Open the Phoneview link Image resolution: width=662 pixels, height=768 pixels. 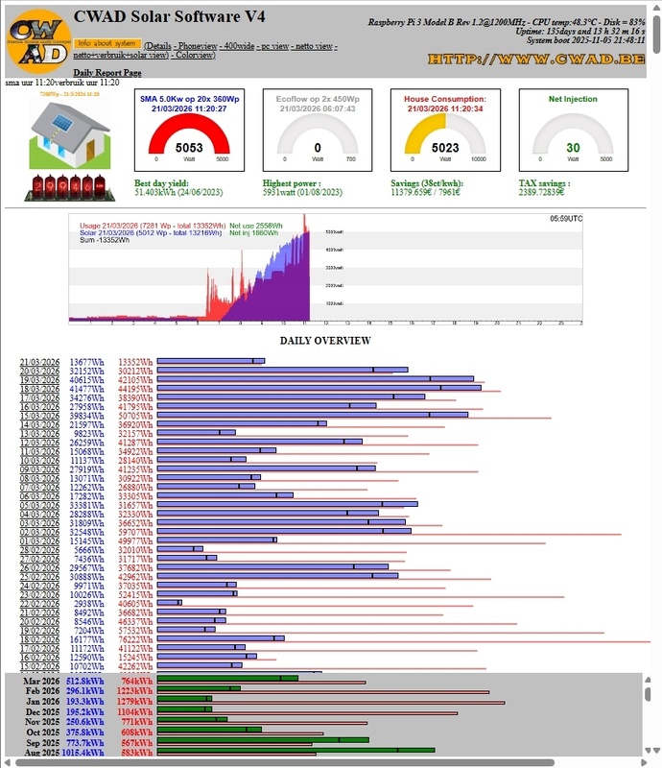(197, 46)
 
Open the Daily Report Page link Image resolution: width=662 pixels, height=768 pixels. (107, 73)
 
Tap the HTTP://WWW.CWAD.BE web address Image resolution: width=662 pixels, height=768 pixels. (534, 60)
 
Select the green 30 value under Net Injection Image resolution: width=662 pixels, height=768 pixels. (573, 148)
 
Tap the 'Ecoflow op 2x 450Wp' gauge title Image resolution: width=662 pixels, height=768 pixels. (318, 99)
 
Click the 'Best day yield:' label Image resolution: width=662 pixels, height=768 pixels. (161, 183)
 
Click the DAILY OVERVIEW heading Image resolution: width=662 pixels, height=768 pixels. (324, 341)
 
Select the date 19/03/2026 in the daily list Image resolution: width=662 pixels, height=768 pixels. (39, 379)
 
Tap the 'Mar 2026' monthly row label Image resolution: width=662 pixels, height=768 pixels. (44, 681)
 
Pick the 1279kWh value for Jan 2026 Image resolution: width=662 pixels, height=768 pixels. (134, 702)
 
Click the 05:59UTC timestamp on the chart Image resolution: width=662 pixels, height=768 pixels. (565, 220)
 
